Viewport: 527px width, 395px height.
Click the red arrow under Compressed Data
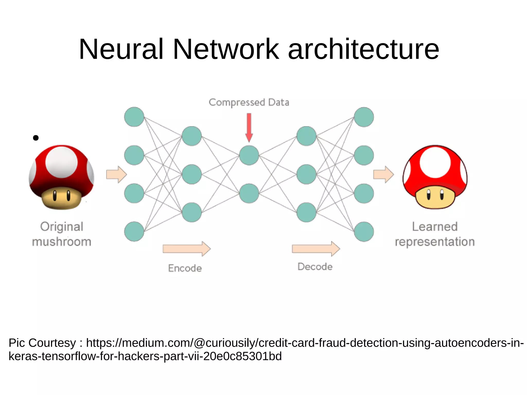249,128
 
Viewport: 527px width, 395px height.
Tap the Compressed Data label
249,102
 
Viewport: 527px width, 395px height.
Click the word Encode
185,268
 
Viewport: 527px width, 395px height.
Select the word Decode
315,267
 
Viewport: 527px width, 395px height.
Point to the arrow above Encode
187,249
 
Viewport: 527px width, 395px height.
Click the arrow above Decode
316,249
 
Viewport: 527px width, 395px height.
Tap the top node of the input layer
134,117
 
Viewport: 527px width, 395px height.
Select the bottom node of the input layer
134,232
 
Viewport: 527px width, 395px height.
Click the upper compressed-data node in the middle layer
249,155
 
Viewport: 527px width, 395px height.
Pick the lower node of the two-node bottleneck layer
249,193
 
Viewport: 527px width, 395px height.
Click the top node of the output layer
364,117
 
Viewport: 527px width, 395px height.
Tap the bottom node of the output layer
364,232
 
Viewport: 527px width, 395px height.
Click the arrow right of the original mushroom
116,174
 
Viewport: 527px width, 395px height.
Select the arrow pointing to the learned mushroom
383,174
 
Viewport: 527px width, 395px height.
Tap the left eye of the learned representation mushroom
428,195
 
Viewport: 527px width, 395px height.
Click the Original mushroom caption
62,234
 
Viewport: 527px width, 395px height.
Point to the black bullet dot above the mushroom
36,138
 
